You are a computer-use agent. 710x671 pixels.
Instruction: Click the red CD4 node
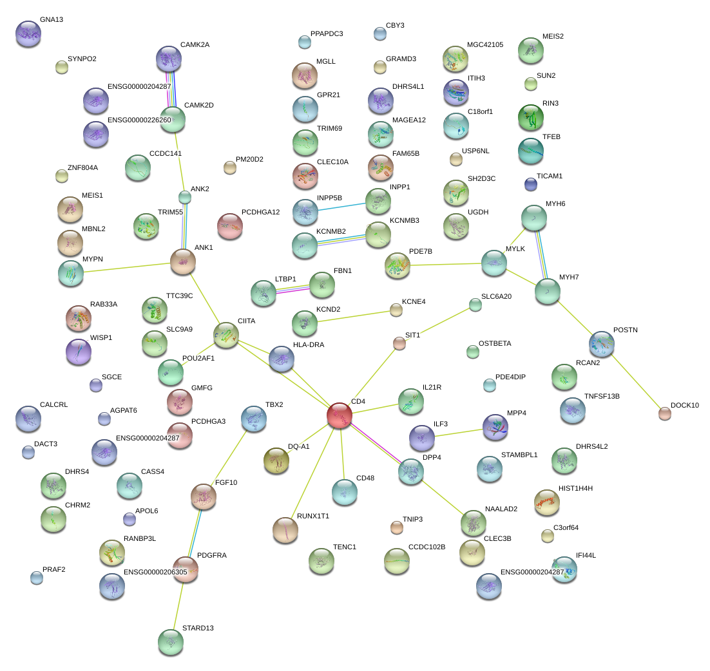pyautogui.click(x=339, y=415)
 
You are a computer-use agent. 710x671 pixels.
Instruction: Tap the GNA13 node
pyautogui.click(x=28, y=34)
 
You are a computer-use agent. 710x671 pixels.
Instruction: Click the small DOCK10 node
pyautogui.click(x=664, y=413)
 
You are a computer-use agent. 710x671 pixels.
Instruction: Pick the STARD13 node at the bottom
pyautogui.click(x=171, y=641)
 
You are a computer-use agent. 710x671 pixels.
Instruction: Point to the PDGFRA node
pyautogui.click(x=186, y=569)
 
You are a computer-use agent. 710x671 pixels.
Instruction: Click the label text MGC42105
pyautogui.click(x=485, y=44)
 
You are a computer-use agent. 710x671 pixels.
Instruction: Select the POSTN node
pyautogui.click(x=602, y=344)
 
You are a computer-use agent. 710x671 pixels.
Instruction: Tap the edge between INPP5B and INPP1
pyautogui.click(x=341, y=206)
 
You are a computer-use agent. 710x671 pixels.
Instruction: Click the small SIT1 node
pyautogui.click(x=399, y=343)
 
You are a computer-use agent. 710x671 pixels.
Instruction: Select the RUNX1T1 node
pyautogui.click(x=285, y=529)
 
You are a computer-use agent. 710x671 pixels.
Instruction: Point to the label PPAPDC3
pyautogui.click(x=327, y=33)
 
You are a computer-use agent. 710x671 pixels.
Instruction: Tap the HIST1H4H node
pyautogui.click(x=546, y=502)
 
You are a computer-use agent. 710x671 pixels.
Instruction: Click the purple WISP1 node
pyautogui.click(x=79, y=352)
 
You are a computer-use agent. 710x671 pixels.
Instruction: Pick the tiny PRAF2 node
pyautogui.click(x=37, y=578)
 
